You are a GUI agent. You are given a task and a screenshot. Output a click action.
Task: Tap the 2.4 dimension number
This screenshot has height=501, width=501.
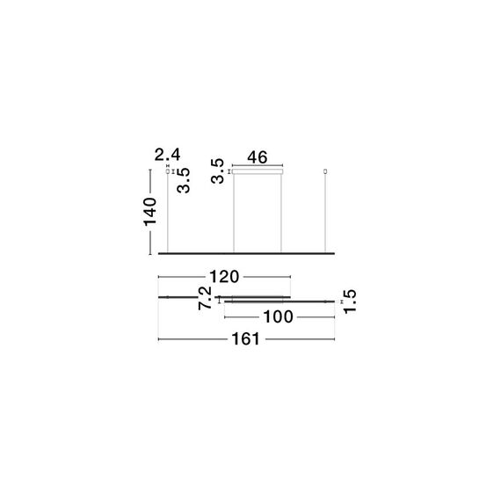[168, 156]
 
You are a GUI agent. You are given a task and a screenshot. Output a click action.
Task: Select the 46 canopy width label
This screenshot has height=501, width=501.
[257, 157]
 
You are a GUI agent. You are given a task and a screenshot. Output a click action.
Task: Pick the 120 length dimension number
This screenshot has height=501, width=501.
[224, 277]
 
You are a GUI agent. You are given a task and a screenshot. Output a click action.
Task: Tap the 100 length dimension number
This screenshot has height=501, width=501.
[277, 317]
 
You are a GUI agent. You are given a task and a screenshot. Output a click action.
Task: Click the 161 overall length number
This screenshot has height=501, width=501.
[246, 339]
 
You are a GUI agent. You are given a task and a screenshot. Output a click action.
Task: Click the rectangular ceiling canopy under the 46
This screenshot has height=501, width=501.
[257, 172]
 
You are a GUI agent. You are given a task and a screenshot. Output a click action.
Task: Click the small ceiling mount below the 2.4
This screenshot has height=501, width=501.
[168, 172]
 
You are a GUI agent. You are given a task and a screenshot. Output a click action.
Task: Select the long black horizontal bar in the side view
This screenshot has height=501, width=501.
[246, 253]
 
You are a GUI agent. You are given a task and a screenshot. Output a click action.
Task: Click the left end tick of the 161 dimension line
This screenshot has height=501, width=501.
[158, 339]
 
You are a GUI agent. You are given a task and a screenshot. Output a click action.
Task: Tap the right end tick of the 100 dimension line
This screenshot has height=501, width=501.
[335, 317]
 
